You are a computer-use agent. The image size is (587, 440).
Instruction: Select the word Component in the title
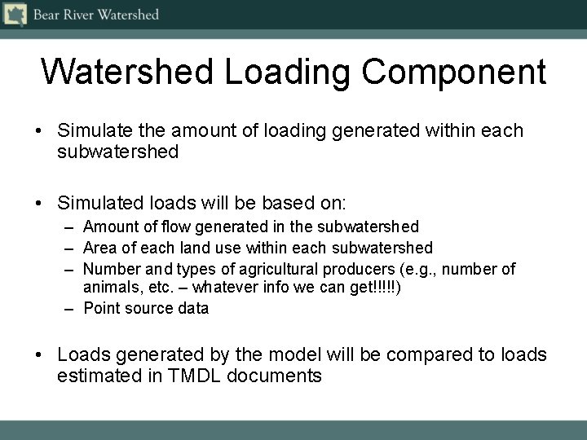(x=454, y=72)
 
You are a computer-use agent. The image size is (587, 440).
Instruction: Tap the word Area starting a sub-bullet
(x=99, y=247)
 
